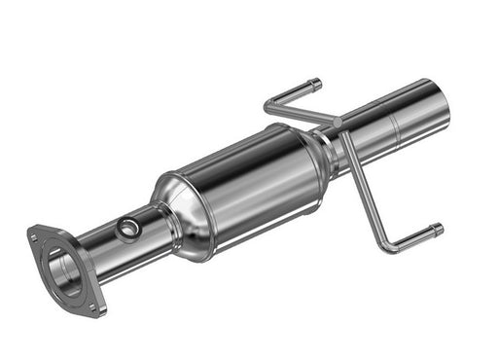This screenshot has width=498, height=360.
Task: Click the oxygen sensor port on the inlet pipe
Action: point(126,229)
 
